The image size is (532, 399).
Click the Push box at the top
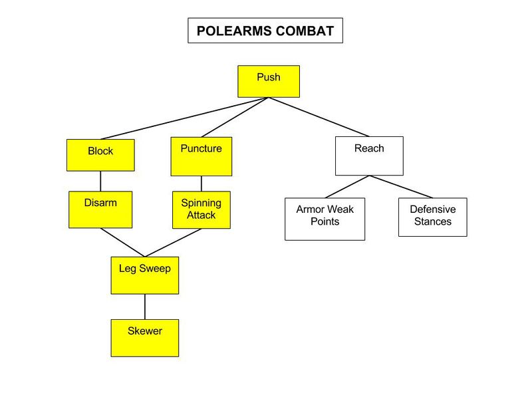pos(269,81)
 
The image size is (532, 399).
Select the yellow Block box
pos(100,155)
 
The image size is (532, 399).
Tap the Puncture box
pos(201,156)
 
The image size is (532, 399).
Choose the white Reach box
pos(368,156)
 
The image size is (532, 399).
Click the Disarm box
pos(100,209)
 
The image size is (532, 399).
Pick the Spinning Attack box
pos(201,209)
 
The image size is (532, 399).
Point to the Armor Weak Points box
pos(325,219)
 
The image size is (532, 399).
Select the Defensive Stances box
pos(432,217)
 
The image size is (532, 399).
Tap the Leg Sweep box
pos(144,275)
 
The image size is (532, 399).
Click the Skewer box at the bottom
pos(144,337)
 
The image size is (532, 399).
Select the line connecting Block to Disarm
pos(100,181)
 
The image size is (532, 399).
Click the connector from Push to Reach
pos(319,117)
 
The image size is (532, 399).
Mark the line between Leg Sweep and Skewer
pos(144,306)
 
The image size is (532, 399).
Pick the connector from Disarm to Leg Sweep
pos(122,242)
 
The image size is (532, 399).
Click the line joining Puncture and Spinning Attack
pos(201,184)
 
